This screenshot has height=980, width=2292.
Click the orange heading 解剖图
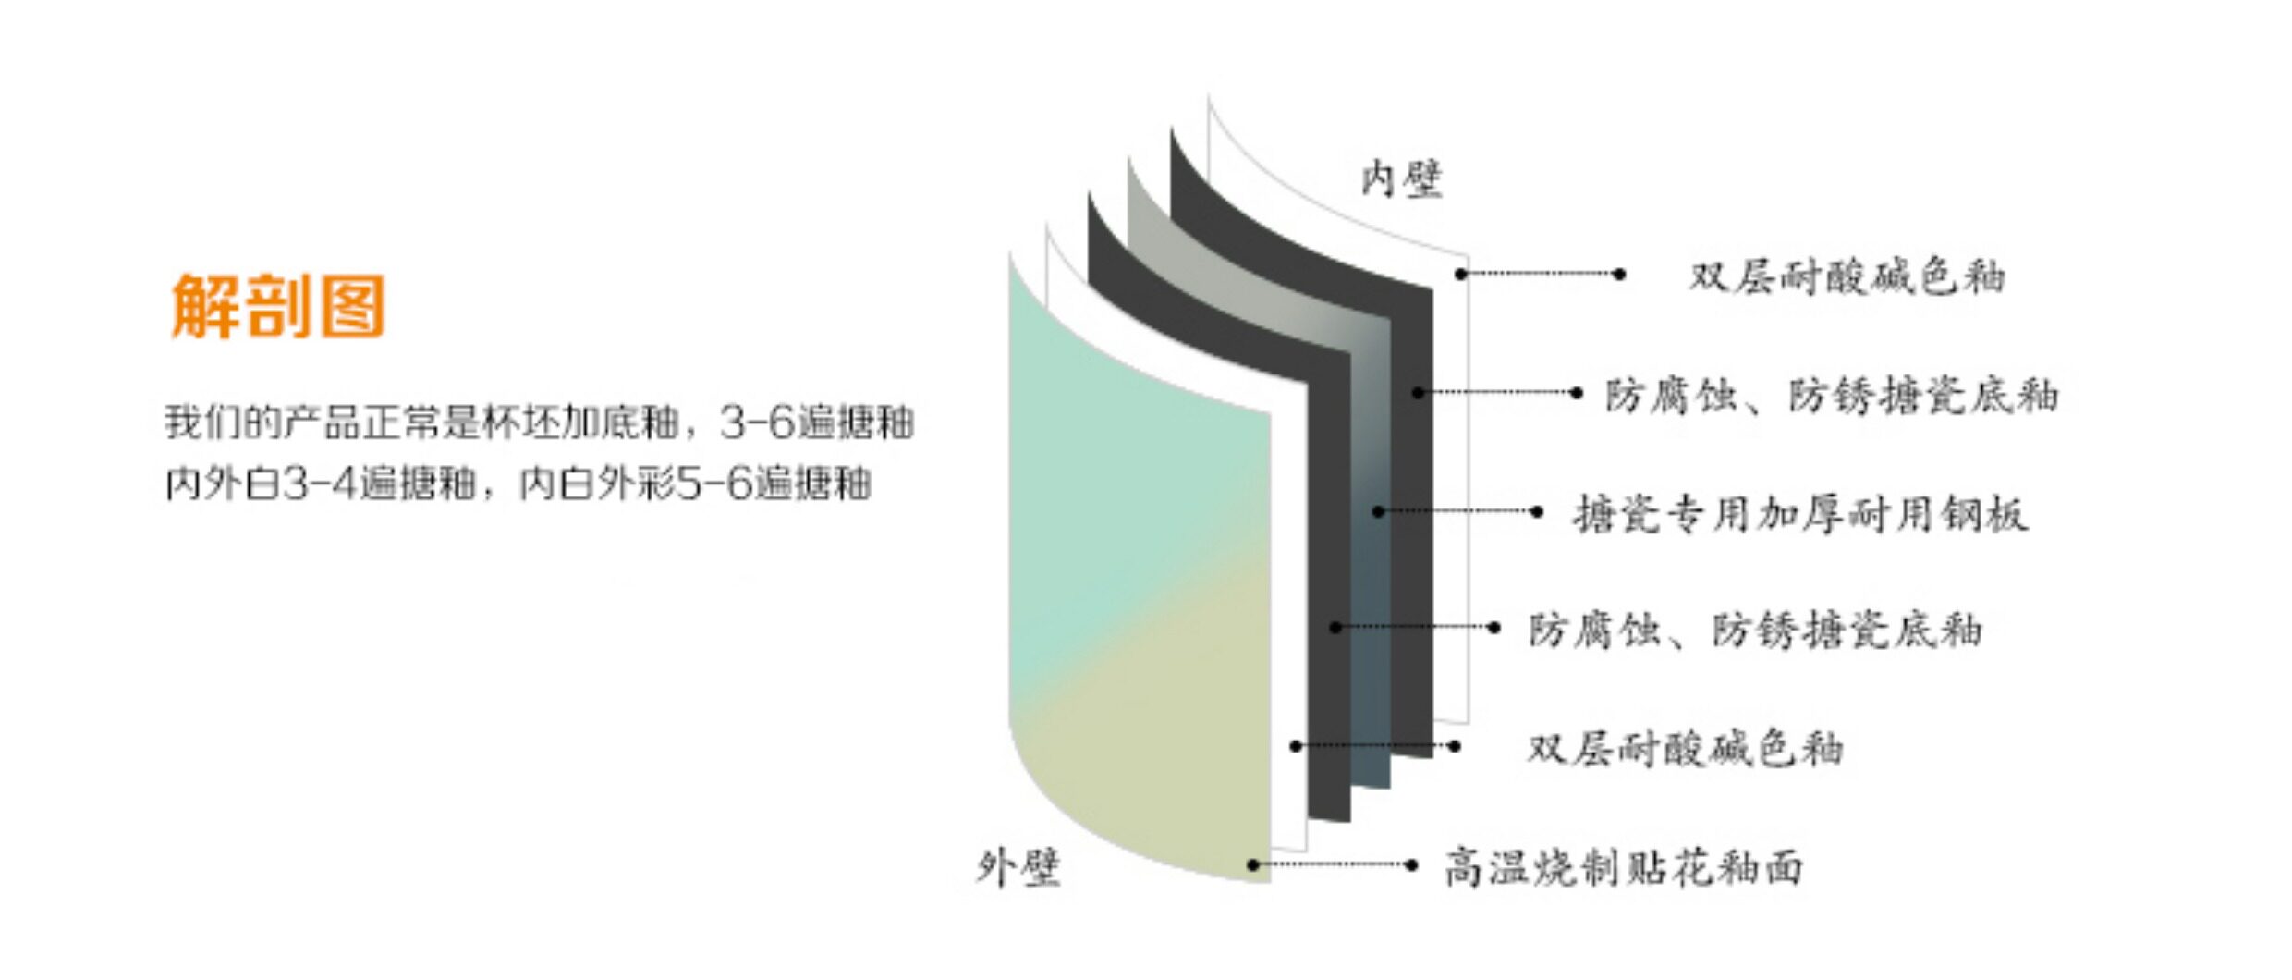coord(278,305)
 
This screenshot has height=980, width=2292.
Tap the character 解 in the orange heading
coord(205,305)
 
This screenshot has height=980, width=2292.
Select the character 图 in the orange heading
coord(351,305)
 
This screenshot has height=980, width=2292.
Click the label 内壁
coord(1401,178)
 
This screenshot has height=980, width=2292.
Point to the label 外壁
coord(1018,867)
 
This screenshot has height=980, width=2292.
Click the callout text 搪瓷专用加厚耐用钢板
coord(1800,514)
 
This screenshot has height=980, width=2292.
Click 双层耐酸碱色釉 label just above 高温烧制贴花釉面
coord(1684,748)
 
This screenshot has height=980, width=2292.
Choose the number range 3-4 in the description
coord(320,484)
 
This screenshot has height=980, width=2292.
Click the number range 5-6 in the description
coord(713,484)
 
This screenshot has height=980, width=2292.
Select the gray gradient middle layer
coord(1371,601)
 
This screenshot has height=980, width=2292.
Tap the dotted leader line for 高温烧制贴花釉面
coord(1331,865)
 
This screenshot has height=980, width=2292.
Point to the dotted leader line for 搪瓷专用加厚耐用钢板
coord(1457,511)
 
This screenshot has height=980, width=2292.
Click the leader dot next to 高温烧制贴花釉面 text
coord(1410,865)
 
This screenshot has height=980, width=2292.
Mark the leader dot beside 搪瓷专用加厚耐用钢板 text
coord(1536,511)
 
